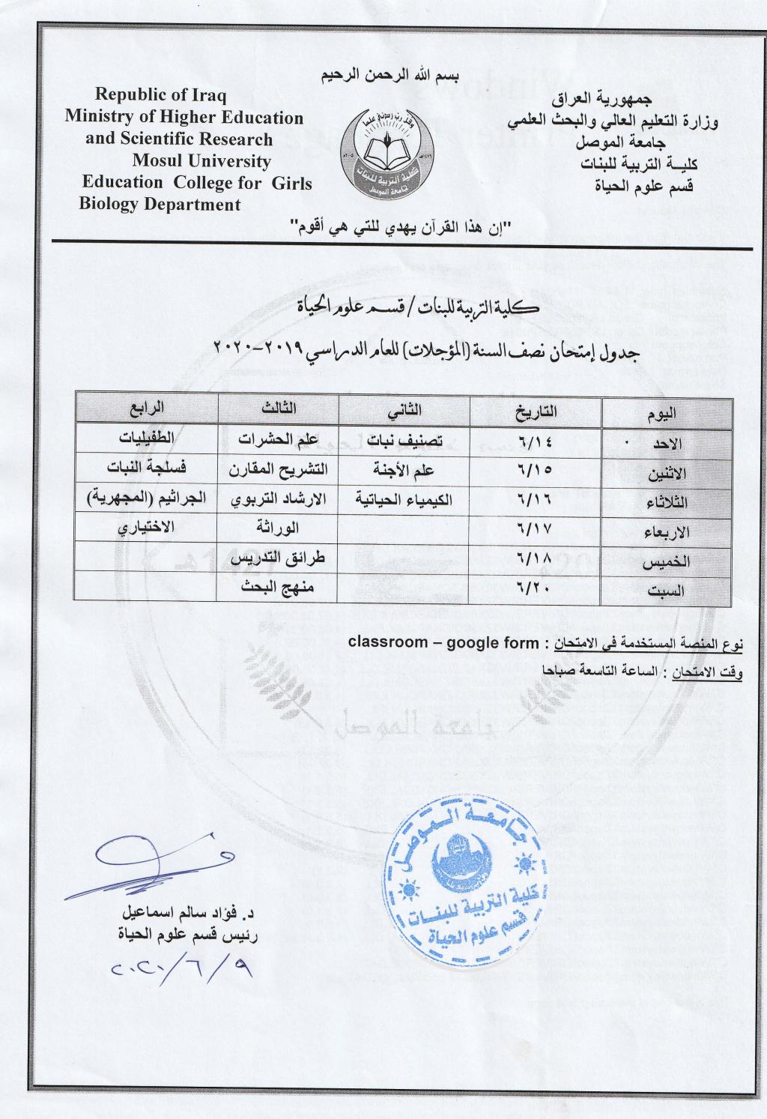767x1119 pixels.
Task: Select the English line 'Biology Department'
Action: coord(160,205)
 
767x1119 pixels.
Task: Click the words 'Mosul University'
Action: coord(201,161)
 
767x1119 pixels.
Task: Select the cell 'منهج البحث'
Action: coord(277,586)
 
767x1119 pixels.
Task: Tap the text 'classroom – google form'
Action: coord(443,643)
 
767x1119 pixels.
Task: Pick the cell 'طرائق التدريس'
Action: coord(276,558)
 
